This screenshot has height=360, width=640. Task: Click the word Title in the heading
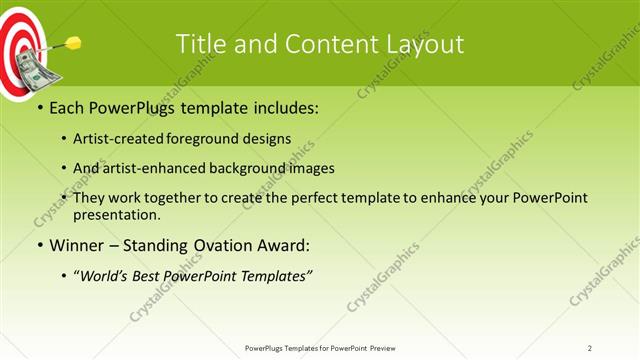click(199, 44)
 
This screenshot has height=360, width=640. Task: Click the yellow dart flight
click(73, 43)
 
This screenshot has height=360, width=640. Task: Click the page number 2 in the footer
click(590, 348)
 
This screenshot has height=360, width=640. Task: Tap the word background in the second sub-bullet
click(255, 168)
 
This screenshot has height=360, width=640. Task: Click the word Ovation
click(214, 245)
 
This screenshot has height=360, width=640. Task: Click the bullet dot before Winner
click(38, 245)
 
